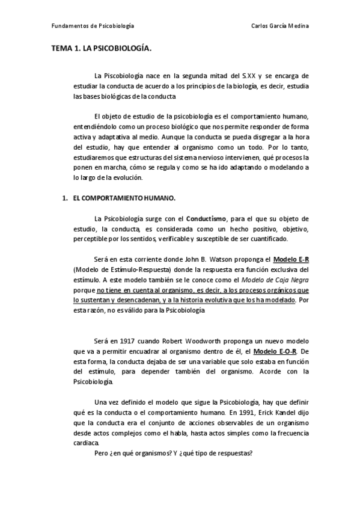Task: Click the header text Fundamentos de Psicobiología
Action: click(93, 26)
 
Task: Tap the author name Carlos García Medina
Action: click(281, 26)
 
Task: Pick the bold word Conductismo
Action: click(207, 217)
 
